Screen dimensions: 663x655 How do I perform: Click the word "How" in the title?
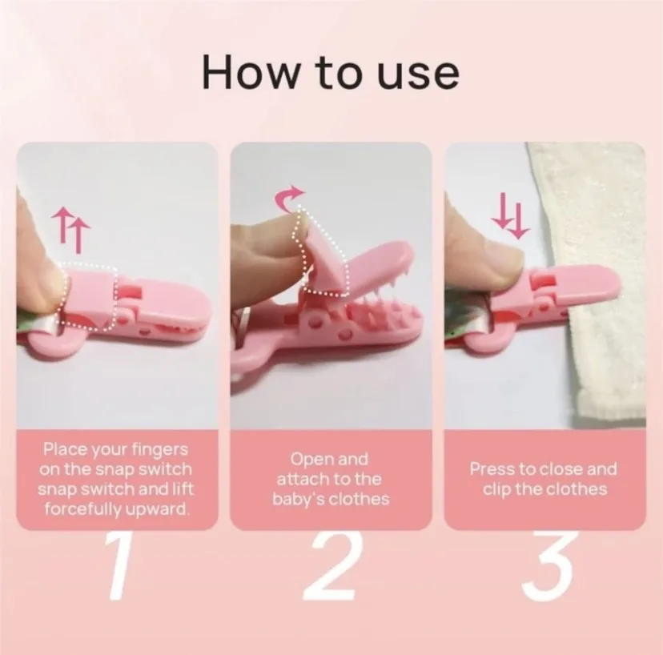point(244,72)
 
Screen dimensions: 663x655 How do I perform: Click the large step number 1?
point(118,565)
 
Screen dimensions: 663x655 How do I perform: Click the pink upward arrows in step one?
point(70,230)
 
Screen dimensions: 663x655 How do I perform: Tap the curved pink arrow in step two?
point(289,199)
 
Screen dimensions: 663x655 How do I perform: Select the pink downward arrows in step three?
point(509,215)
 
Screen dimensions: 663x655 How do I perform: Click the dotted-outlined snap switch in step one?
point(90,296)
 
